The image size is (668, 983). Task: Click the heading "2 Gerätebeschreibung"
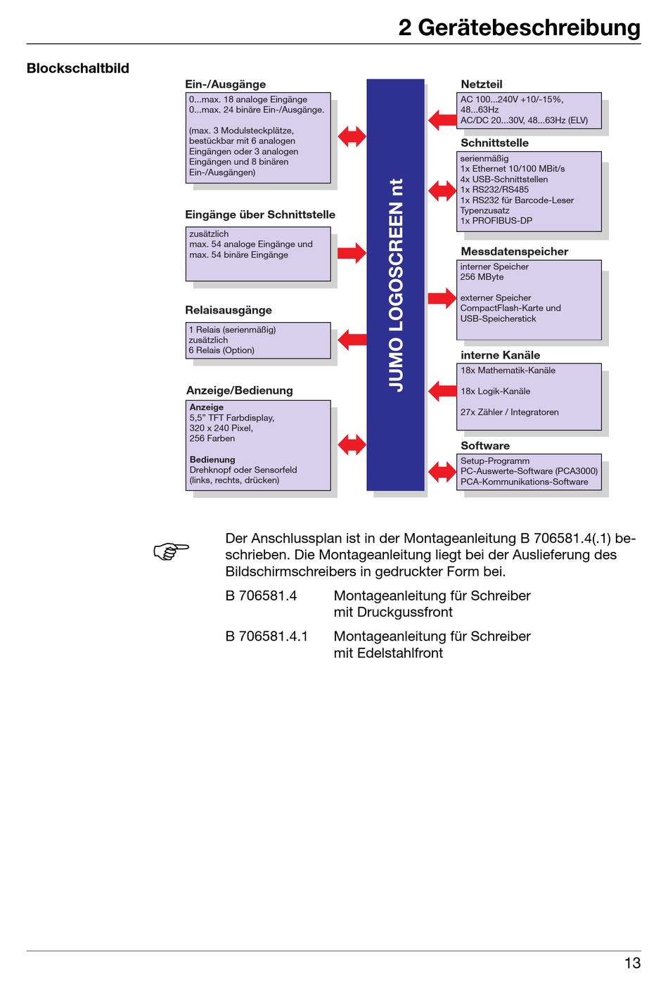click(519, 28)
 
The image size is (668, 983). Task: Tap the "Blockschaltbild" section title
click(77, 68)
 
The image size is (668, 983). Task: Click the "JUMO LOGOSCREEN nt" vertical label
click(396, 285)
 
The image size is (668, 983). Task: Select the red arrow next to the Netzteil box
click(442, 120)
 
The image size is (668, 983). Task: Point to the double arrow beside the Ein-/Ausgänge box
click(352, 136)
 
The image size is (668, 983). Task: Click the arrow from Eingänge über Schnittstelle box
click(352, 252)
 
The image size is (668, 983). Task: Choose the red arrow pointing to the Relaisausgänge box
click(352, 339)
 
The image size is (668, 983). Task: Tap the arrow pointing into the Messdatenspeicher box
click(442, 298)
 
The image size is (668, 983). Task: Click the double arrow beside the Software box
click(442, 472)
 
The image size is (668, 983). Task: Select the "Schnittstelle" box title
click(494, 143)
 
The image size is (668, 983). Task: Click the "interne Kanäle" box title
click(501, 355)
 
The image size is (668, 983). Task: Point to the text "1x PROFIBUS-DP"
click(496, 221)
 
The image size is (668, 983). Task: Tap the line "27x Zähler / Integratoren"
click(510, 412)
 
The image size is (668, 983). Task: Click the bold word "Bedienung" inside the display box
click(212, 459)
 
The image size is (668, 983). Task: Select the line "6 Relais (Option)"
click(221, 350)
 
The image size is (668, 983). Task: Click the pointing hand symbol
click(171, 551)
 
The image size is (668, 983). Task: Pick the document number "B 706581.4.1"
click(267, 636)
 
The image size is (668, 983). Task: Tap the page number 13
click(632, 963)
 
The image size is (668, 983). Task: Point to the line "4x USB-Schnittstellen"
click(504, 179)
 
